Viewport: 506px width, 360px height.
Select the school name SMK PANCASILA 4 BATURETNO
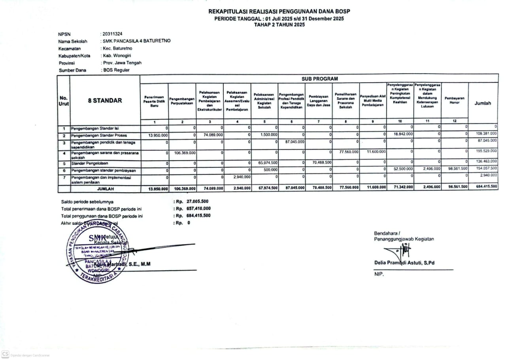point(136,41)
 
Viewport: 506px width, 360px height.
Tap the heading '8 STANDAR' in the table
point(105,100)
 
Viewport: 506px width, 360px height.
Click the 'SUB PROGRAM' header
point(320,79)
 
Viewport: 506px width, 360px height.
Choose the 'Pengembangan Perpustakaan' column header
point(182,101)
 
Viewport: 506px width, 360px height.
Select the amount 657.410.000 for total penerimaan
point(198,208)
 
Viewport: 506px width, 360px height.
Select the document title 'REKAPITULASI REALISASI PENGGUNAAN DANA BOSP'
point(279,11)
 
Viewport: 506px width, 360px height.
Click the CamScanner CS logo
point(6,354)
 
